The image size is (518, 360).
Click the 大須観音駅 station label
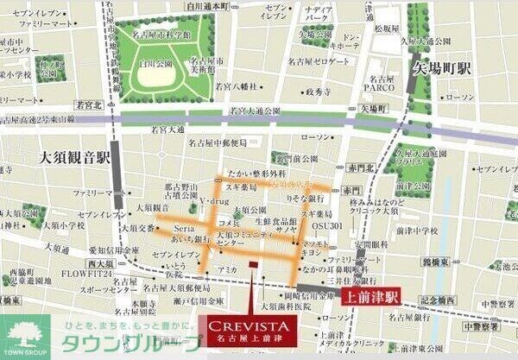[x=75, y=159]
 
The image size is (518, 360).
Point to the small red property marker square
[x=252, y=264]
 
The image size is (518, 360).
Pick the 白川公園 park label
[x=158, y=64]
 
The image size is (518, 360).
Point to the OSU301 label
[x=326, y=226]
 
